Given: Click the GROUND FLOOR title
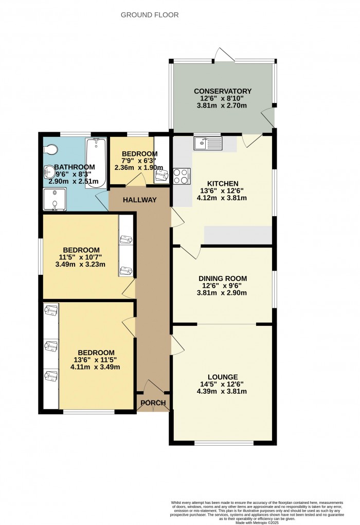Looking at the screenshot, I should click(x=150, y=15).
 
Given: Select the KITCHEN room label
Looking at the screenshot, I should click(x=222, y=184).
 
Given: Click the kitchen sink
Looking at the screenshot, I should click(x=207, y=143).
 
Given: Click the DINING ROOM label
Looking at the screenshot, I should click(x=223, y=278).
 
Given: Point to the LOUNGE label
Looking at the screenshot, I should click(x=223, y=376).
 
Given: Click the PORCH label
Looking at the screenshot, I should click(x=153, y=403).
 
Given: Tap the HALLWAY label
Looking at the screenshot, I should click(x=139, y=200).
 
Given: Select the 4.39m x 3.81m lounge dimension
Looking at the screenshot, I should click(x=223, y=391).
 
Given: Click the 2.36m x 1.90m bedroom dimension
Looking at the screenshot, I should click(x=139, y=168).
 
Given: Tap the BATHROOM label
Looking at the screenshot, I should click(x=75, y=167).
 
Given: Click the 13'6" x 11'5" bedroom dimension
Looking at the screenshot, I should click(x=95, y=360).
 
